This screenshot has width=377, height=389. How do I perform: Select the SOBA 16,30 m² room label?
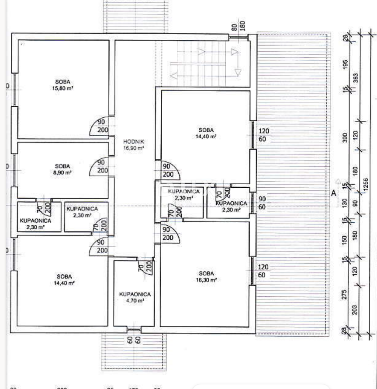tap(208, 277)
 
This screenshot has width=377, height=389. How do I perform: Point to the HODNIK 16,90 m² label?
tap(134, 145)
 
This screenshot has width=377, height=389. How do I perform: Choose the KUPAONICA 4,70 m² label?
tap(135, 298)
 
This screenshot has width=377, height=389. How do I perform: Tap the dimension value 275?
tap(345, 294)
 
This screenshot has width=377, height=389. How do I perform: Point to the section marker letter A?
tap(333, 193)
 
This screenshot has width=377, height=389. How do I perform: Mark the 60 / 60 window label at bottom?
tap(133, 339)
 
